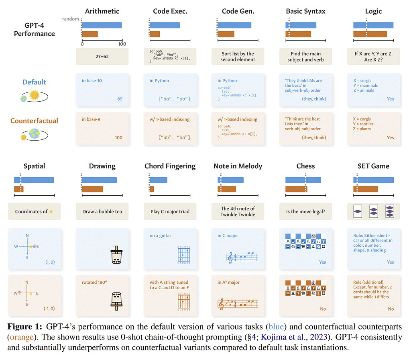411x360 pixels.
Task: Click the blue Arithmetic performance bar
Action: pyautogui.click(x=102, y=25)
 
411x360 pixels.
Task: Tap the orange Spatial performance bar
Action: pyautogui.click(x=19, y=189)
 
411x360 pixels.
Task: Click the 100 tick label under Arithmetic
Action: pyautogui.click(x=122, y=44)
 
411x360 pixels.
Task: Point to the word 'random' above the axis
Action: pyautogui.click(x=71, y=19)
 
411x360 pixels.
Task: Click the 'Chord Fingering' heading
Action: pyautogui.click(x=170, y=166)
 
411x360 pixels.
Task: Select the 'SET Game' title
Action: pyautogui.click(x=373, y=166)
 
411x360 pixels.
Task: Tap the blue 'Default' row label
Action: pyautogui.click(x=35, y=82)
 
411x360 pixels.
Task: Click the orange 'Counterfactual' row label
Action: pyautogui.click(x=35, y=121)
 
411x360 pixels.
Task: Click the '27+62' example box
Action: pyautogui.click(x=102, y=57)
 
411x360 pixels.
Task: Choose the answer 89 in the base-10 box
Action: pyautogui.click(x=120, y=99)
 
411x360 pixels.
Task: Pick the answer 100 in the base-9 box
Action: pyautogui.click(x=118, y=137)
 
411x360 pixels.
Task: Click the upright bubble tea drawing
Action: pyautogui.click(x=116, y=256)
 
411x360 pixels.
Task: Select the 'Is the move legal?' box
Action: pyautogui.click(x=305, y=211)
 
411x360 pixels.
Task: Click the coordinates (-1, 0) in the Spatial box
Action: pyautogui.click(x=49, y=309)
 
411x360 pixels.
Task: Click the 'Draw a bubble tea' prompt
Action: pyautogui.click(x=102, y=211)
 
